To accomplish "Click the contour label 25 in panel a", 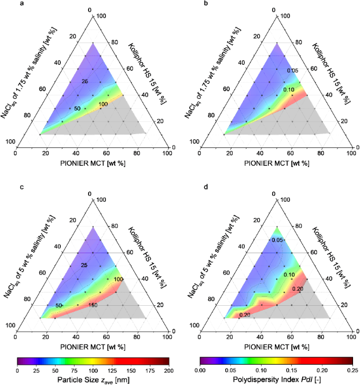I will (x=86, y=83).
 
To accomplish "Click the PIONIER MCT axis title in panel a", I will (x=91, y=163).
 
